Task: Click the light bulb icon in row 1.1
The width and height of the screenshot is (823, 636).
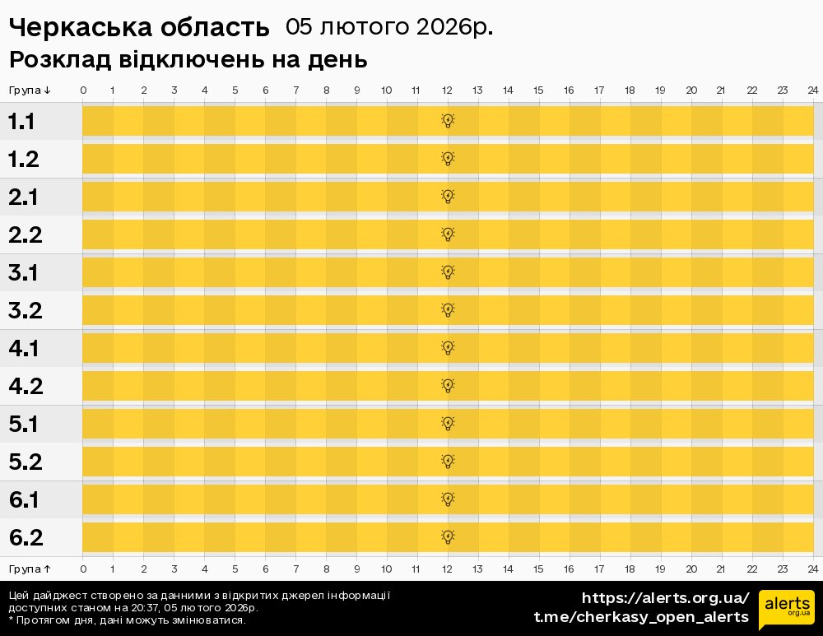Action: tap(448, 121)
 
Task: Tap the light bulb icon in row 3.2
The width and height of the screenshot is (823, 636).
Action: tap(448, 310)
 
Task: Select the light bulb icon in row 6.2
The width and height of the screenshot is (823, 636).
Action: tap(448, 537)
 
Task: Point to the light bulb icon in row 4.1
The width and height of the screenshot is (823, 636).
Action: tap(448, 348)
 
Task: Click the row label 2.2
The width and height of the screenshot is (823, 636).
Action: tap(25, 235)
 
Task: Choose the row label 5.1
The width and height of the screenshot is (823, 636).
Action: tap(25, 425)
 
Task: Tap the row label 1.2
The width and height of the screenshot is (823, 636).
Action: tap(25, 160)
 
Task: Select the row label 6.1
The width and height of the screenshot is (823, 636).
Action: tap(25, 500)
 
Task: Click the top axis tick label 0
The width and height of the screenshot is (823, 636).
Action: tap(83, 90)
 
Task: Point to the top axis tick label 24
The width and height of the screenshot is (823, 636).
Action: tap(812, 90)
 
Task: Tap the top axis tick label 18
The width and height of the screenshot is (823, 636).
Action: tap(630, 90)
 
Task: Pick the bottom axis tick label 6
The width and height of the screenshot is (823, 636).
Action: tap(266, 569)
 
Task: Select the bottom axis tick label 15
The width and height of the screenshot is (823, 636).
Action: tap(538, 569)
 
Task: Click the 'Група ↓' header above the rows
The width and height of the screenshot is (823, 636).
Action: tap(30, 90)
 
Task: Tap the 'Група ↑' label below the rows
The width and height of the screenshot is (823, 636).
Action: tap(30, 569)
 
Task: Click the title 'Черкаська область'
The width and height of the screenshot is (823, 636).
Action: tap(139, 28)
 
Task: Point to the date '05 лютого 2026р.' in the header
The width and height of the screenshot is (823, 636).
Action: tap(389, 27)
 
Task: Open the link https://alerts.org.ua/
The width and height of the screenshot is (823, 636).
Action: tap(665, 598)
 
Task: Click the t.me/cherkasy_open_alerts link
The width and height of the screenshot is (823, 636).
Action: tap(641, 617)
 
